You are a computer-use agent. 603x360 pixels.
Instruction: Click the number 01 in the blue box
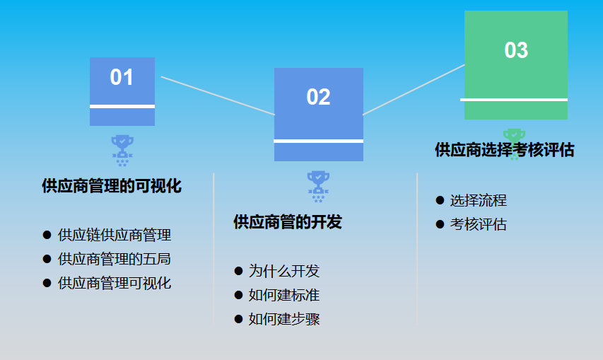[x=122, y=77]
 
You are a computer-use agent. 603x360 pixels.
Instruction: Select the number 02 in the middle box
[x=318, y=97]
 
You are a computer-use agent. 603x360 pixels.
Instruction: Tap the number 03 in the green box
[x=516, y=50]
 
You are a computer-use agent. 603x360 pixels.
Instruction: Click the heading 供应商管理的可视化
[x=112, y=186]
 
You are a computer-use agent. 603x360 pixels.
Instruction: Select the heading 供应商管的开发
[x=288, y=222]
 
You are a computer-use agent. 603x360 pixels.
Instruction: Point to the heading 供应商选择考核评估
[x=504, y=150]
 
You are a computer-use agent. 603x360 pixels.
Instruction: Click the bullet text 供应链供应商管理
[x=115, y=235]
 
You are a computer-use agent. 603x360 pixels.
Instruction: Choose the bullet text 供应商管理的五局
[x=115, y=259]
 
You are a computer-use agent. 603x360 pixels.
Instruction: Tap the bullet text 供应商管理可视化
[x=115, y=283]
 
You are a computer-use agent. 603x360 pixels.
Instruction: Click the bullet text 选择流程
[x=479, y=200]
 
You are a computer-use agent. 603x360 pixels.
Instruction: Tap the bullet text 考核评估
[x=479, y=224]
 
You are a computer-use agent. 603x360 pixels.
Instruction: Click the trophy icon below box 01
[x=122, y=149]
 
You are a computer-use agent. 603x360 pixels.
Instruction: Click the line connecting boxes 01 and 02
[x=218, y=95]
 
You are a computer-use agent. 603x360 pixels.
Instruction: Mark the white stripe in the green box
[x=516, y=100]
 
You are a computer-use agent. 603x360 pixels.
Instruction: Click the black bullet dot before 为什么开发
[x=238, y=271]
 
